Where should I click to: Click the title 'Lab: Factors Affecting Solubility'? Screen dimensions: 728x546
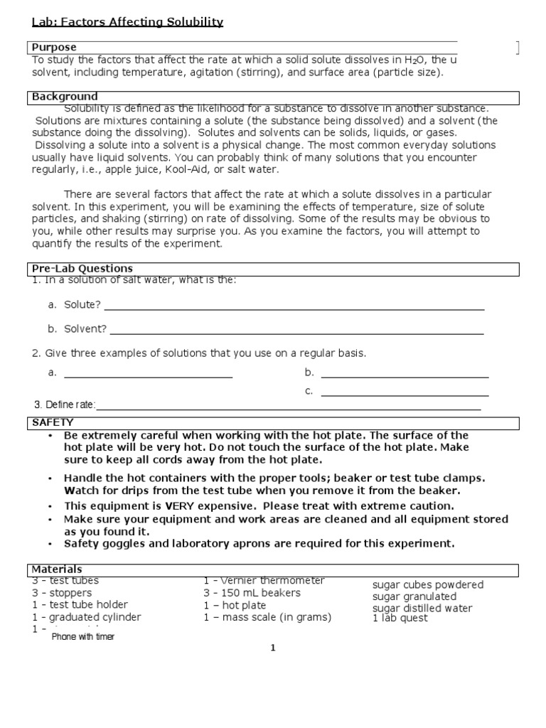click(127, 22)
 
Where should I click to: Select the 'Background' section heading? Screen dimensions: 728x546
click(65, 96)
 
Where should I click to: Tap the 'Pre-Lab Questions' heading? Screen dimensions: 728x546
click(82, 268)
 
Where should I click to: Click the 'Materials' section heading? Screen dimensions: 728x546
click(57, 569)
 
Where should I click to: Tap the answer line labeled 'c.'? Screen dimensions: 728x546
click(405, 394)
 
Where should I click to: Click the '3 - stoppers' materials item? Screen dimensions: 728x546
click(62, 593)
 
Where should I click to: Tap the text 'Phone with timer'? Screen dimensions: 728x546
click(82, 637)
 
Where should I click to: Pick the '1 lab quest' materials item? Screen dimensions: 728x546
click(400, 618)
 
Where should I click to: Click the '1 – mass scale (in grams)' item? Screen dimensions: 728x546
click(267, 617)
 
